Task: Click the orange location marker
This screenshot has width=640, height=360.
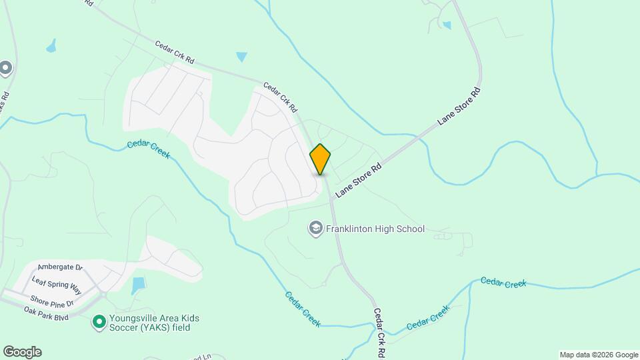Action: (321, 159)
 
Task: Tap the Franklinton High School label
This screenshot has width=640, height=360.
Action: (375, 229)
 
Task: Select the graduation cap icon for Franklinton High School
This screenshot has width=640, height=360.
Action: (315, 229)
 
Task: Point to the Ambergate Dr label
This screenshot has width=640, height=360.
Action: (59, 267)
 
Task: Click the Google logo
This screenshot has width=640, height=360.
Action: (22, 352)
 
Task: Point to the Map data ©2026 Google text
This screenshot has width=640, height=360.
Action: (599, 355)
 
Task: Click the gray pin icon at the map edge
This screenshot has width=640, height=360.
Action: (6, 68)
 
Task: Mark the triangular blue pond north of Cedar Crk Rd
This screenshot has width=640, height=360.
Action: (241, 57)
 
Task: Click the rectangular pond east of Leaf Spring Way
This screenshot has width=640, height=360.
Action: (138, 286)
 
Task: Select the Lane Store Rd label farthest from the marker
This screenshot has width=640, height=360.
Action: (459, 106)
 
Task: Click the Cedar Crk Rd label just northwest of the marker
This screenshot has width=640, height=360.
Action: (280, 97)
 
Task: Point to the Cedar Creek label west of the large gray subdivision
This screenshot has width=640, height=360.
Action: (148, 150)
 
